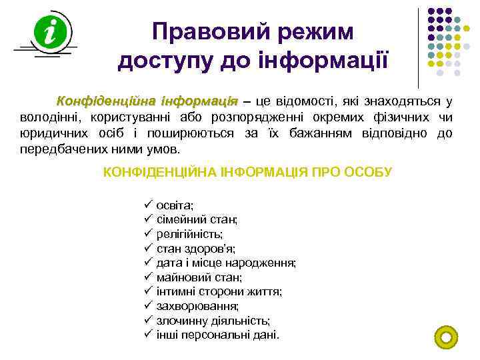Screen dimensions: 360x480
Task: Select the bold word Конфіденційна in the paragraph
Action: click(x=104, y=101)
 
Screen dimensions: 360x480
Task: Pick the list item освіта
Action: click(x=175, y=205)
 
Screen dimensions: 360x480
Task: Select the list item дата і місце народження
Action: click(x=226, y=263)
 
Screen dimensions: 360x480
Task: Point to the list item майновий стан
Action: click(x=199, y=277)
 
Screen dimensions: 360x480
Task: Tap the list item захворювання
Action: click(x=197, y=306)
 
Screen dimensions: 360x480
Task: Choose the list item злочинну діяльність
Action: click(x=213, y=321)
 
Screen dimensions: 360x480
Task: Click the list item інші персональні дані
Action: click(x=218, y=335)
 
